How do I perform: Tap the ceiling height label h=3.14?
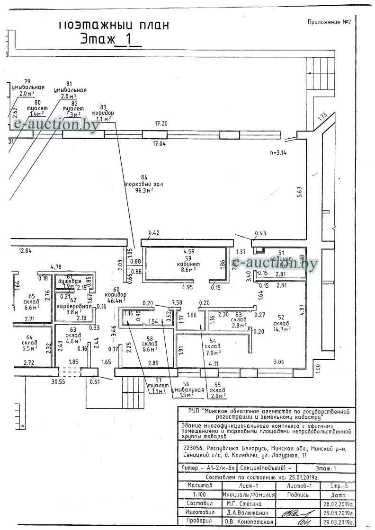278,152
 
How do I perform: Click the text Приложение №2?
329,22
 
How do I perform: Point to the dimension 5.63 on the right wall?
300,191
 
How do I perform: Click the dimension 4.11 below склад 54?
214,364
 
